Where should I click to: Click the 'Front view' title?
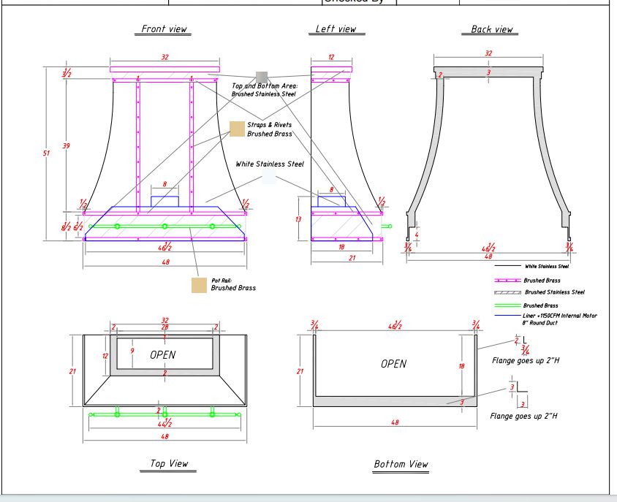[164, 29]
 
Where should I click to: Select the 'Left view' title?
[336, 29]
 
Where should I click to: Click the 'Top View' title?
[169, 463]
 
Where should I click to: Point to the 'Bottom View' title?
[401, 464]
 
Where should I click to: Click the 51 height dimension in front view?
[47, 153]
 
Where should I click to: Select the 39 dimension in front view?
[67, 146]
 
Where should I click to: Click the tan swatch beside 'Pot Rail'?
[199, 285]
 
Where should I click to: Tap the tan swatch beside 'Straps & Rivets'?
[237, 129]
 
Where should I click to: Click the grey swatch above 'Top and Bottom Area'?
[262, 77]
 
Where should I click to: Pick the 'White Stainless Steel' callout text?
[269, 164]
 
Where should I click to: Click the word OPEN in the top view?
[163, 354]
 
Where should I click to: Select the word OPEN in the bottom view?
[394, 364]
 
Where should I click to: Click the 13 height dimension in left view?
[299, 218]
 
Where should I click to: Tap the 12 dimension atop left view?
[331, 57]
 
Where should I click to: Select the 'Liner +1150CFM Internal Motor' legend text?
[560, 316]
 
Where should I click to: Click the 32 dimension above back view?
[488, 53]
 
